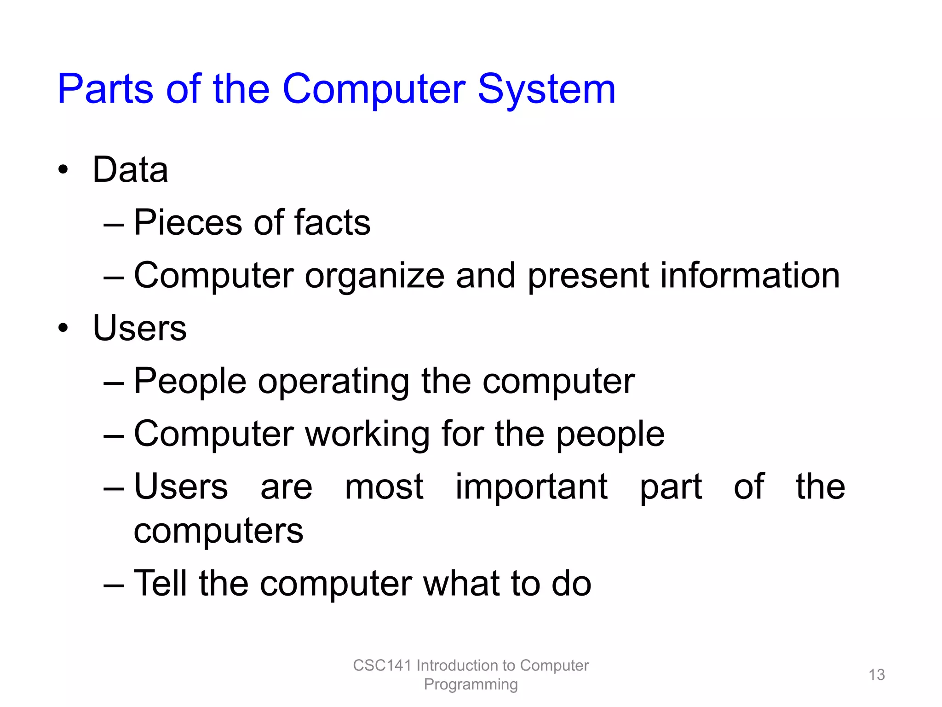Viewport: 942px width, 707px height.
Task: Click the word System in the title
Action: click(x=546, y=90)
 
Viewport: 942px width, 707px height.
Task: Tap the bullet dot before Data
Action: click(x=63, y=170)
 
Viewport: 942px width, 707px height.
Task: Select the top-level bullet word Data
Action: click(x=130, y=170)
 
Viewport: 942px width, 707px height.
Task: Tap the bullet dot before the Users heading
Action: click(x=63, y=328)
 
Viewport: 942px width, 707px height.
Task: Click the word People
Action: click(x=190, y=382)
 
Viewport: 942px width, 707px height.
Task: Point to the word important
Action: click(x=531, y=487)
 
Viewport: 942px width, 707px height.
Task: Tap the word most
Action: click(x=384, y=487)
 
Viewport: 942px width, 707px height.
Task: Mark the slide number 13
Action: click(x=876, y=675)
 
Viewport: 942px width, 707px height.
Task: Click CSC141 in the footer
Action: click(x=382, y=666)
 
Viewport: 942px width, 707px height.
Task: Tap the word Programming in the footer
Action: click(x=471, y=684)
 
